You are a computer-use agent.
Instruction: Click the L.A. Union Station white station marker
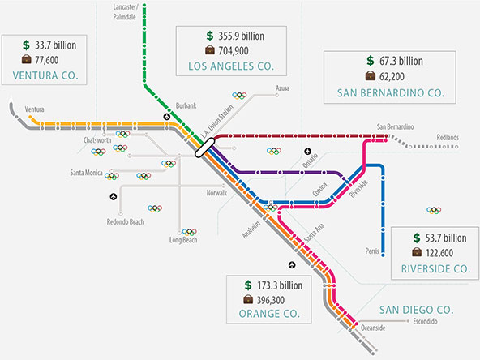[205, 148]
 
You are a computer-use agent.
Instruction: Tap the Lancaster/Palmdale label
[125, 12]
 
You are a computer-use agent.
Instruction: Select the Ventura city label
[34, 109]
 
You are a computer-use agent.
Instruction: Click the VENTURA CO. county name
[45, 75]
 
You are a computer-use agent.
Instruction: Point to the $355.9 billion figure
[235, 36]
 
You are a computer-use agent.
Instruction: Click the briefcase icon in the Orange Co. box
[248, 299]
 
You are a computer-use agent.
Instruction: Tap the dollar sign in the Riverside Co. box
[417, 238]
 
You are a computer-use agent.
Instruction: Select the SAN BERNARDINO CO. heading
[391, 93]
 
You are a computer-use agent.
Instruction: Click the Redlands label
[448, 137]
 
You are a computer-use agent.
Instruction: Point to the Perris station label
[372, 251]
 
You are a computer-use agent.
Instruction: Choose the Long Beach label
[183, 240]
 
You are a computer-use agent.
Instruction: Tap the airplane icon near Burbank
[166, 117]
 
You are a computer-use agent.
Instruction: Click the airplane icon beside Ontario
[307, 152]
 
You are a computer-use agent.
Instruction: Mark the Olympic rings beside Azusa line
[239, 96]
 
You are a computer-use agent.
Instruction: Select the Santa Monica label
[86, 173]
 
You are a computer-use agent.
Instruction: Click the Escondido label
[425, 321]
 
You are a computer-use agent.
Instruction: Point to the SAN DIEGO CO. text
[416, 310]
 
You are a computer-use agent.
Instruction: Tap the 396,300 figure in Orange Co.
[271, 300]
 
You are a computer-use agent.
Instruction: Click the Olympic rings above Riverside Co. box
[434, 210]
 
